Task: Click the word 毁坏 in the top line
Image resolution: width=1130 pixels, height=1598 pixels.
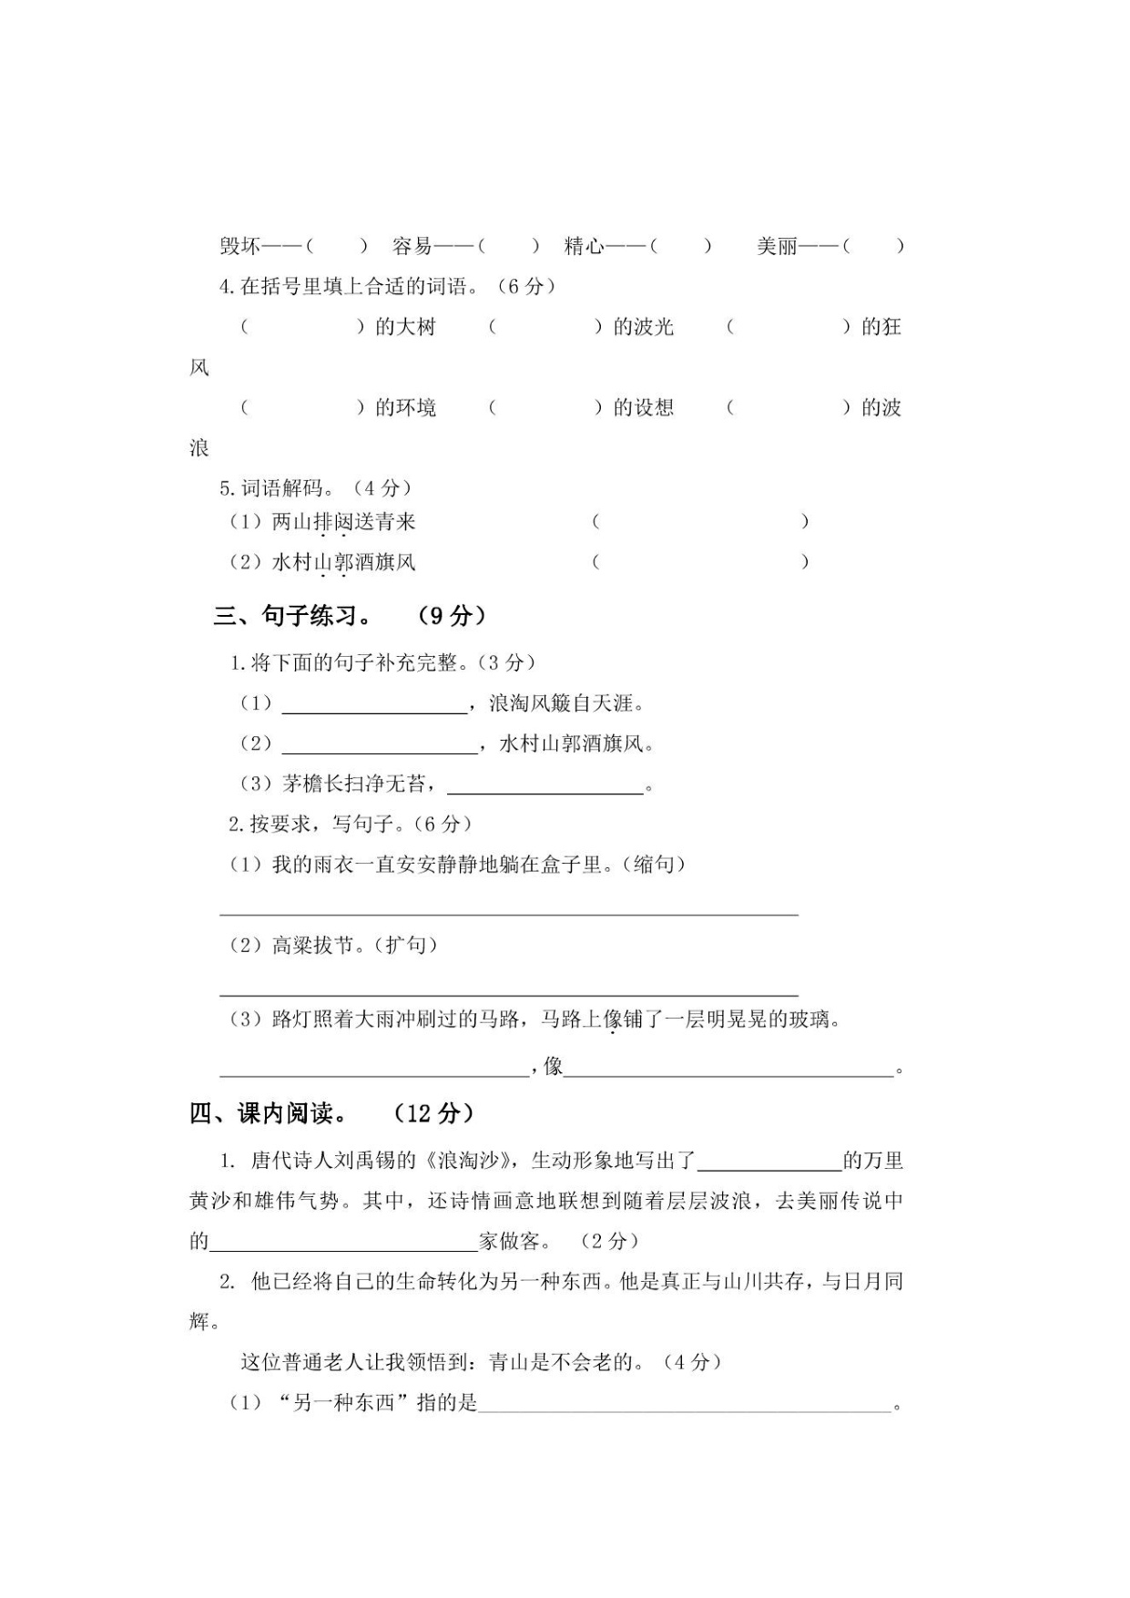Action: [x=240, y=246]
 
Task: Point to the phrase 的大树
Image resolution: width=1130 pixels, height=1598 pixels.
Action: [x=405, y=327]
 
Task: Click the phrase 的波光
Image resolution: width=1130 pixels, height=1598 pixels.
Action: [x=643, y=327]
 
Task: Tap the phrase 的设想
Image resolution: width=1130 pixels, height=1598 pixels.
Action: [x=643, y=407]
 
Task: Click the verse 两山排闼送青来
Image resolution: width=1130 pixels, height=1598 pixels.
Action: [x=344, y=522]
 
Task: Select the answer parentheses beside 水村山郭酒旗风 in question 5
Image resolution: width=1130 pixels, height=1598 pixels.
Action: [x=699, y=562]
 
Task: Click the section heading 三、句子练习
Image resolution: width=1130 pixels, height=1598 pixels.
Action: [x=293, y=616]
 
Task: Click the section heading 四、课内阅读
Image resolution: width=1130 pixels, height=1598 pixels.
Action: [x=269, y=1113]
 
